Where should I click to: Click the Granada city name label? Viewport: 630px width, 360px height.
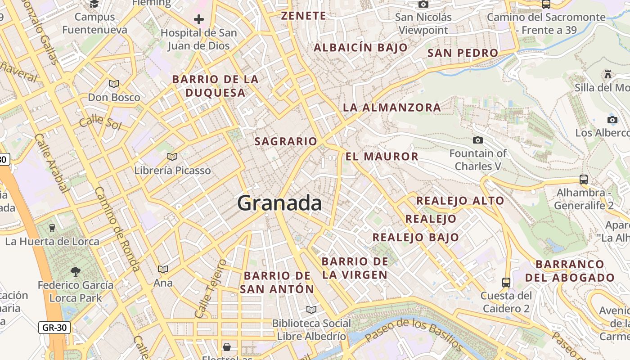click(x=279, y=203)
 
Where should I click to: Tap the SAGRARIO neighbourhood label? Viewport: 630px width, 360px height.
click(x=286, y=141)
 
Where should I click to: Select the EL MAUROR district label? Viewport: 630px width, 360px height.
click(x=382, y=157)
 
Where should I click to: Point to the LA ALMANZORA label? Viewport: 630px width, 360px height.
click(x=392, y=108)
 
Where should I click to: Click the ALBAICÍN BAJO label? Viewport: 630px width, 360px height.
click(x=360, y=47)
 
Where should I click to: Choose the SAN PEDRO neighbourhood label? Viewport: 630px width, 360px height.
click(x=463, y=53)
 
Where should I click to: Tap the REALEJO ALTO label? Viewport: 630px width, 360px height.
click(x=460, y=201)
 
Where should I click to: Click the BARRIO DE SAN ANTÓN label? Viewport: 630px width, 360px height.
click(x=277, y=282)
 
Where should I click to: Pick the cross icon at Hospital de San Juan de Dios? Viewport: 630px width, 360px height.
click(x=198, y=19)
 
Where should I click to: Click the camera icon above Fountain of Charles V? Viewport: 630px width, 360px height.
click(x=478, y=140)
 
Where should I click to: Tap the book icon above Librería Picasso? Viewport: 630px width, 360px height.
click(x=172, y=157)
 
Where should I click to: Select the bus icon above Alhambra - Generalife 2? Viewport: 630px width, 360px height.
click(x=584, y=179)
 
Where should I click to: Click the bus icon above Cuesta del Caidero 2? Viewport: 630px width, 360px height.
click(x=506, y=283)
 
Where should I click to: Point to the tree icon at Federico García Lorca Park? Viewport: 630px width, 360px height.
click(x=75, y=271)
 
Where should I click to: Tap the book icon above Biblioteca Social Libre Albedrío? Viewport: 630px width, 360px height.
click(x=311, y=310)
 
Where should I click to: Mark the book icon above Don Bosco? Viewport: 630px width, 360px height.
click(x=114, y=84)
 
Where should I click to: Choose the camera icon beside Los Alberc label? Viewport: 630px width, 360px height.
click(x=612, y=120)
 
